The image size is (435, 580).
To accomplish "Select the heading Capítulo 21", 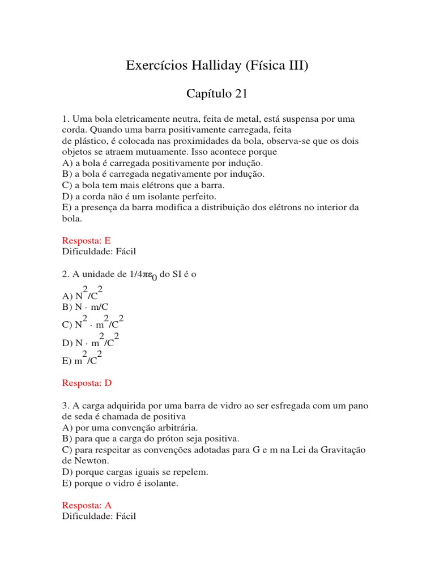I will coord(217,94).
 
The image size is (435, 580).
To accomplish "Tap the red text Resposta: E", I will coord(87,241).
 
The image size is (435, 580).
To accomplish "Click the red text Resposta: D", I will coord(87,383).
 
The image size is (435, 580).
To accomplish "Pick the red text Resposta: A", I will coord(87,505).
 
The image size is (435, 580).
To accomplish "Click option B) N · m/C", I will coord(85,307).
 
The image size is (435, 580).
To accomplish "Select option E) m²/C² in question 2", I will coord(82,359).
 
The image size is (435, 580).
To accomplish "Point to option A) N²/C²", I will coord(82,294).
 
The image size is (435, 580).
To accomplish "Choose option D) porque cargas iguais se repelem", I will coord(135,471).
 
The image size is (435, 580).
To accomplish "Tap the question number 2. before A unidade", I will coord(65,274).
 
